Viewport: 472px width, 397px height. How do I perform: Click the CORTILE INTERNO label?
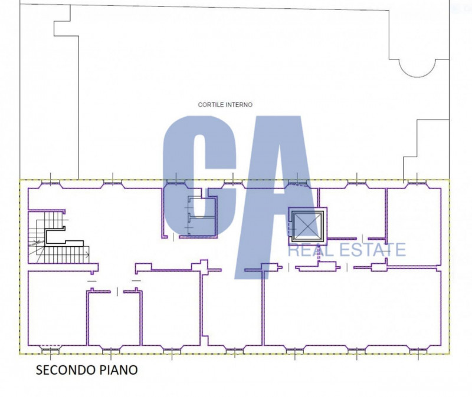click(x=225, y=105)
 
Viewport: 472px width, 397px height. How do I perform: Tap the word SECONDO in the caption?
click(x=64, y=370)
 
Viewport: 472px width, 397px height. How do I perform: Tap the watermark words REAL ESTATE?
click(x=347, y=250)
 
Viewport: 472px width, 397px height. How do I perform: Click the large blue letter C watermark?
click(x=199, y=176)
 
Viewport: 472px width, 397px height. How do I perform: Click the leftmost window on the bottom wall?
click(x=50, y=350)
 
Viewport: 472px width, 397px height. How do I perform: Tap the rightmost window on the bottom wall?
click(x=418, y=350)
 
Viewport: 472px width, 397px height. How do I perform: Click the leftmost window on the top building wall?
click(x=50, y=183)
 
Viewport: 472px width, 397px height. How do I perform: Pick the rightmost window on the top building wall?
click(x=417, y=183)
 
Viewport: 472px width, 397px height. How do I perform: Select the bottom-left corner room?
click(x=57, y=308)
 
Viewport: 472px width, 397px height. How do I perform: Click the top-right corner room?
click(x=414, y=227)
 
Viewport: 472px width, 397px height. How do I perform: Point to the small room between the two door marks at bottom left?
click(x=114, y=319)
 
